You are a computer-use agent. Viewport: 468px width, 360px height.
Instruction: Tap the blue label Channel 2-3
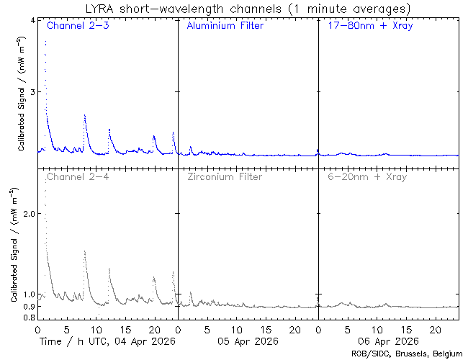(78, 26)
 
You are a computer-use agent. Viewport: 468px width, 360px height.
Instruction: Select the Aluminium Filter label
(225, 26)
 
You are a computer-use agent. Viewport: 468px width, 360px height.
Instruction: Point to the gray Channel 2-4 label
(78, 176)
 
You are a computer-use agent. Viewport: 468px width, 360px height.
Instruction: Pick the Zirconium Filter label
(225, 176)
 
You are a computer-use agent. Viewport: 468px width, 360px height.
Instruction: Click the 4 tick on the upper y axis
(32, 20)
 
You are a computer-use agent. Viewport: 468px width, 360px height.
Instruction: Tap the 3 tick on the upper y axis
(32, 92)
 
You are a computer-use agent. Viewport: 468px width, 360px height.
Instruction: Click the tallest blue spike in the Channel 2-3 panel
(45, 42)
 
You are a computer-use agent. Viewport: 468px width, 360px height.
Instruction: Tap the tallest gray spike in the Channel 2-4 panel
(45, 190)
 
